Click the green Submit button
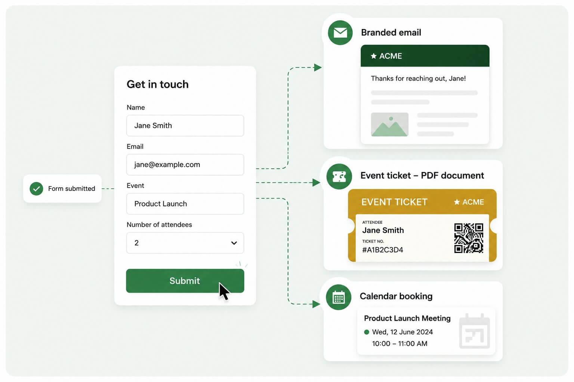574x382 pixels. click(x=185, y=281)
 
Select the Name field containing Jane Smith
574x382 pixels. click(x=185, y=125)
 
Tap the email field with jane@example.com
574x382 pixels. click(x=185, y=165)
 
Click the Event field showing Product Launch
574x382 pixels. click(x=185, y=204)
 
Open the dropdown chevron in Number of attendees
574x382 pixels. click(x=234, y=243)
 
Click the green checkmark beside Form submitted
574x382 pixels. click(x=36, y=188)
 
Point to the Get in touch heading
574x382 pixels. click(x=158, y=84)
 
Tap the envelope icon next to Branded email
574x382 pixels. click(x=340, y=33)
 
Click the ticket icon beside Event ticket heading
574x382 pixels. click(x=339, y=176)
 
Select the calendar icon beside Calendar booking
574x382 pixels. click(x=339, y=297)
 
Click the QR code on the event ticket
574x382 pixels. click(x=469, y=238)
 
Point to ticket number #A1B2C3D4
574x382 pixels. click(x=383, y=250)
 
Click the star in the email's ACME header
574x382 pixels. click(x=374, y=56)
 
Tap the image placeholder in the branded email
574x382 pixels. click(x=389, y=124)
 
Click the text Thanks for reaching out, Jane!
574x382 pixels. click(x=418, y=78)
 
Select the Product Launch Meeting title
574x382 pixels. click(x=407, y=318)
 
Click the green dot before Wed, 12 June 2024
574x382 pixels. click(x=367, y=332)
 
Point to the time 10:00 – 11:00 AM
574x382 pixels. click(x=400, y=343)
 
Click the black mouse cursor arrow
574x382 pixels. click(x=224, y=291)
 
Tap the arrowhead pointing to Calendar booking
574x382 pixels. click(x=317, y=304)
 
